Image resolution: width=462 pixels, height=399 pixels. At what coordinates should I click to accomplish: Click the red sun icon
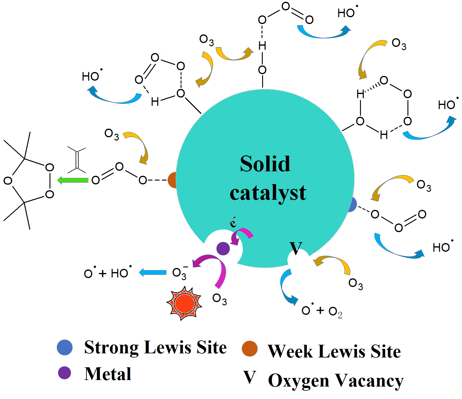[184, 304]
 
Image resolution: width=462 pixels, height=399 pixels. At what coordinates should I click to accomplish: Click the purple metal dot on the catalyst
[223, 248]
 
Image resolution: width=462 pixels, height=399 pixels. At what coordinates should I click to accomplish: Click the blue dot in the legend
[65, 347]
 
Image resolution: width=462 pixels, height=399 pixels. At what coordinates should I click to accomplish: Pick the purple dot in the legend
[64, 373]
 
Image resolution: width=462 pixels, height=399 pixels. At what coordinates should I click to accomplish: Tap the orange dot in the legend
[250, 349]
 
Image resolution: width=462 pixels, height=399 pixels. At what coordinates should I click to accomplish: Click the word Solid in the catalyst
[265, 164]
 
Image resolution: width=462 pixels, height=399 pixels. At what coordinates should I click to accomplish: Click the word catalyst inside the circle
[268, 193]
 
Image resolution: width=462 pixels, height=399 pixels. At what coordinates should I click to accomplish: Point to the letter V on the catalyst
[296, 248]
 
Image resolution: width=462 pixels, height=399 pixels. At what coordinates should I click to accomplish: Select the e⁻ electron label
[233, 222]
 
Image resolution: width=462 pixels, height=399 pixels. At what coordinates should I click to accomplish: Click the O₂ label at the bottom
[335, 311]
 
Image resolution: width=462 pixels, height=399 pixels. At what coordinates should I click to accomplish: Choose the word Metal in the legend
[108, 374]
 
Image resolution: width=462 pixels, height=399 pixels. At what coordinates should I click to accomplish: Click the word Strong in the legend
[111, 347]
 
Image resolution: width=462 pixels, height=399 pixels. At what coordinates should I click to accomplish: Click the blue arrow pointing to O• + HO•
[153, 272]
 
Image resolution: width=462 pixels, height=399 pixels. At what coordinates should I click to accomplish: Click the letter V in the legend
[250, 377]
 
